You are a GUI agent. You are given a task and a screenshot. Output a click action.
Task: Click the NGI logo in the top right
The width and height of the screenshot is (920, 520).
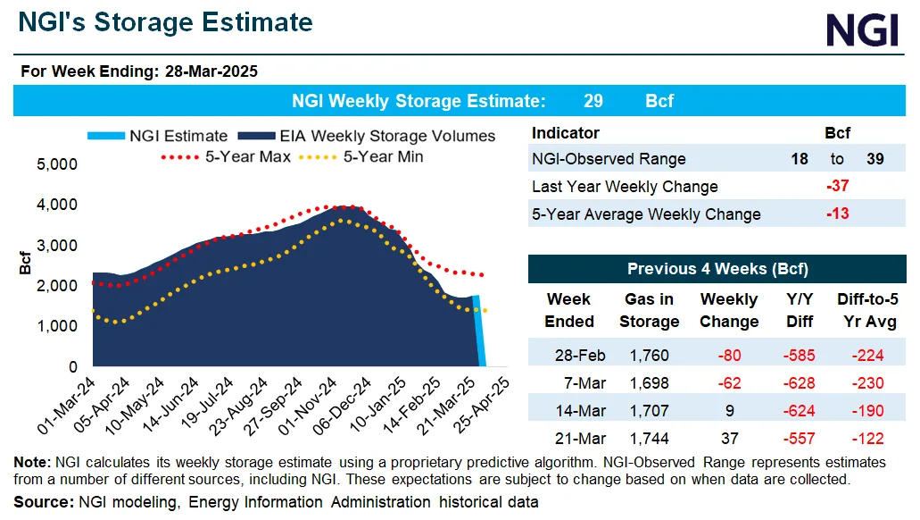pos(861,30)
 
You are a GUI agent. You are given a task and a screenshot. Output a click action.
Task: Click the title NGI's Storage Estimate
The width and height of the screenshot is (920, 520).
pos(166,22)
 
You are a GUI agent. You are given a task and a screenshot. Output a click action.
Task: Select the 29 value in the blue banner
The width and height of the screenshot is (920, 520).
pos(593,101)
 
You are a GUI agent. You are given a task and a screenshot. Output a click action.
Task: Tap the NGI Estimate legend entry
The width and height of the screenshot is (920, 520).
pos(158,137)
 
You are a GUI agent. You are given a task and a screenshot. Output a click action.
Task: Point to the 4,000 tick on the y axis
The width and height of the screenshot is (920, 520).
pos(57,205)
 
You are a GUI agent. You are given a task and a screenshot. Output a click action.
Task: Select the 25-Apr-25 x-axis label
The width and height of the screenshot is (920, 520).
pos(489,403)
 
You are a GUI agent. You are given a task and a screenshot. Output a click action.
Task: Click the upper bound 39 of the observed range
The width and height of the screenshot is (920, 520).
pos(876,159)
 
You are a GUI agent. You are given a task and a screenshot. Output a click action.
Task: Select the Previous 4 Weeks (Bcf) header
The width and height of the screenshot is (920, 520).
pos(717,269)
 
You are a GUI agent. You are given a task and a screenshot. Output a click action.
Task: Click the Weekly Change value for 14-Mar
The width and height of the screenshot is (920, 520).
pos(729,411)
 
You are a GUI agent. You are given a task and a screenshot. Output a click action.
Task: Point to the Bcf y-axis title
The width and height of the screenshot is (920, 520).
pos(24,266)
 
